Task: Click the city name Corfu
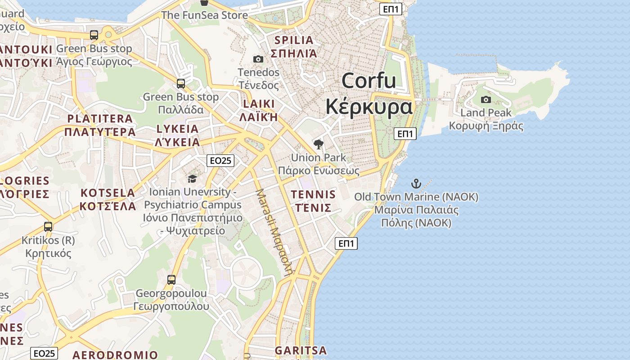(369, 81)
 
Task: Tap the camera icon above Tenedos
(258, 59)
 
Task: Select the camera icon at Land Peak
(486, 99)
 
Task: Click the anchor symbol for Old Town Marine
(416, 184)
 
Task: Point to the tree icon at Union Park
(319, 144)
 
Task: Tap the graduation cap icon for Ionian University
(192, 179)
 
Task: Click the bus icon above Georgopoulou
(171, 280)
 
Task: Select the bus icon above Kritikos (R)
(48, 227)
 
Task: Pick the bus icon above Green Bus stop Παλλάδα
(181, 83)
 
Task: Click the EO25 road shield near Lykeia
(220, 160)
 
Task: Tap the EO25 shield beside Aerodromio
(44, 353)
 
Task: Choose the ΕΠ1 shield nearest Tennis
(346, 243)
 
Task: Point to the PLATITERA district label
(100, 119)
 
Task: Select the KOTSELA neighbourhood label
(108, 193)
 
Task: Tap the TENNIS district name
(313, 195)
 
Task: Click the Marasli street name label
(274, 232)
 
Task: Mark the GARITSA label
(301, 350)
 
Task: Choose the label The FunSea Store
(204, 15)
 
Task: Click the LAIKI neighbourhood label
(258, 104)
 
